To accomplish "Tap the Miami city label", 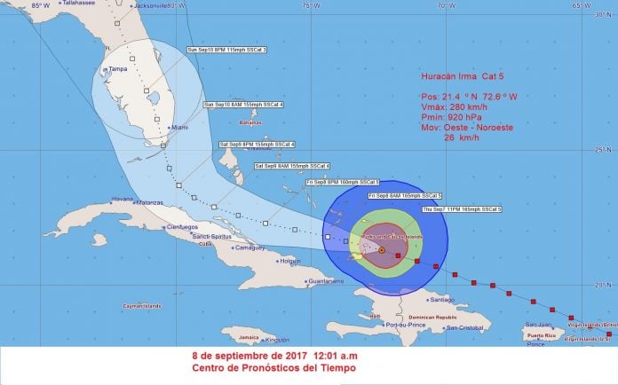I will tap(181, 128).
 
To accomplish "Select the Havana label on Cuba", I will tap(123, 199).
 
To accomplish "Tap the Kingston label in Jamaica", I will tap(278, 340).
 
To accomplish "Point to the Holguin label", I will tap(289, 261).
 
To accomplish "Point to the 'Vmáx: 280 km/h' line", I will tap(451, 105).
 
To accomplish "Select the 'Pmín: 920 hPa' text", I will tap(450, 116).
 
